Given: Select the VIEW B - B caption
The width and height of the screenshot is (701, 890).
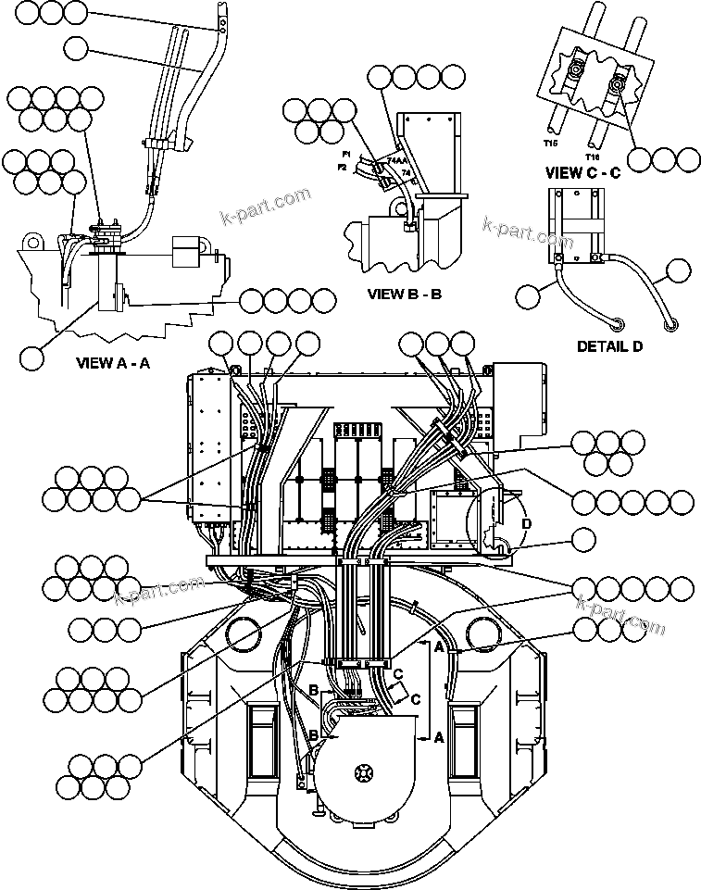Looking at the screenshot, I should (405, 296).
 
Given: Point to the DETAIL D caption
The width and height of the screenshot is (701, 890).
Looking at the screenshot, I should (609, 346).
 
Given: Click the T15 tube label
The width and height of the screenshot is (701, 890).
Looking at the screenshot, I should (551, 144).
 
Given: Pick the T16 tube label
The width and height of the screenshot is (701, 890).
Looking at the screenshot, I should (594, 144).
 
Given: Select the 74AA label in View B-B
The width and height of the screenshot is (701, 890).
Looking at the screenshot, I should (396, 160).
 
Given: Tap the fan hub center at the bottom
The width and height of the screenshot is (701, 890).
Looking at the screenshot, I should (360, 771).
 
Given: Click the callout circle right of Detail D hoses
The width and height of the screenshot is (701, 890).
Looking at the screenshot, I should (679, 271).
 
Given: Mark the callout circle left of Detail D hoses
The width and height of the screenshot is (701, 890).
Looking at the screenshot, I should (529, 296).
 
